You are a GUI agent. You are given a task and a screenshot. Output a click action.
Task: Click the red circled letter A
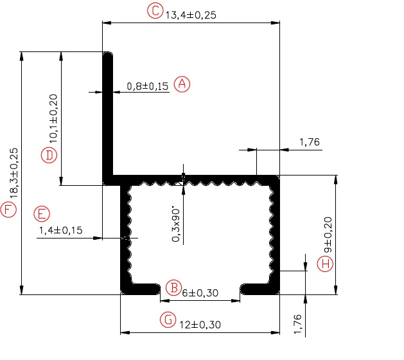pyautogui.click(x=182, y=84)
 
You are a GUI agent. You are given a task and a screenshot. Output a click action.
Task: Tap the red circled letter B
pyautogui.click(x=174, y=287)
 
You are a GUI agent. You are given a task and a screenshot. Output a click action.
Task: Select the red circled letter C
pyautogui.click(x=155, y=11)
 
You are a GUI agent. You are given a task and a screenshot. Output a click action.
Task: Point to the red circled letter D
pyautogui.click(x=49, y=155)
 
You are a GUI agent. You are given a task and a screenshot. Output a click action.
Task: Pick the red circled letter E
pyautogui.click(x=42, y=214)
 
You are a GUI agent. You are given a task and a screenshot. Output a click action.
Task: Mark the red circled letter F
pyautogui.click(x=8, y=210)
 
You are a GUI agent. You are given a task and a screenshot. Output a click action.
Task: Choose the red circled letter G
pyautogui.click(x=168, y=319)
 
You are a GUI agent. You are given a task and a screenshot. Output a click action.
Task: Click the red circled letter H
pyautogui.click(x=325, y=264)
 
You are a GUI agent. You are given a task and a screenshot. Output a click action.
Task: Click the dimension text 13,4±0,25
pyautogui.click(x=191, y=15)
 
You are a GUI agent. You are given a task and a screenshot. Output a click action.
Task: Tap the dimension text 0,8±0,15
pyautogui.click(x=147, y=86)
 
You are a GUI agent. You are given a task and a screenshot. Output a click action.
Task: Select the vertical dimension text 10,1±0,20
pyautogui.click(x=53, y=119)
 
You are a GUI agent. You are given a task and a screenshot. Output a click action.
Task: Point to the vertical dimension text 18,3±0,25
pyautogui.click(x=13, y=173)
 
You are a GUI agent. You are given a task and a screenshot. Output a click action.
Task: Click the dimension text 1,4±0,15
pyautogui.click(x=61, y=230)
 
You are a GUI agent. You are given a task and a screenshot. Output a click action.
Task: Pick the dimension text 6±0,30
pyautogui.click(x=200, y=293)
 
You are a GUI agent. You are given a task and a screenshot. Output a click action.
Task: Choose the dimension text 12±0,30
pyautogui.click(x=200, y=325)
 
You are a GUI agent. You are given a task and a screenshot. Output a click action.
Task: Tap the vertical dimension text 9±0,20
pyautogui.click(x=328, y=235)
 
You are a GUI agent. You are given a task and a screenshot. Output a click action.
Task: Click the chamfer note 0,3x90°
pyautogui.click(x=176, y=224)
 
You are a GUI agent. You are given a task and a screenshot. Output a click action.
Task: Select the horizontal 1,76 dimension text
pyautogui.click(x=309, y=142)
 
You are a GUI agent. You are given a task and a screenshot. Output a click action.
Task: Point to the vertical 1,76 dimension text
pyautogui.click(x=297, y=324)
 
